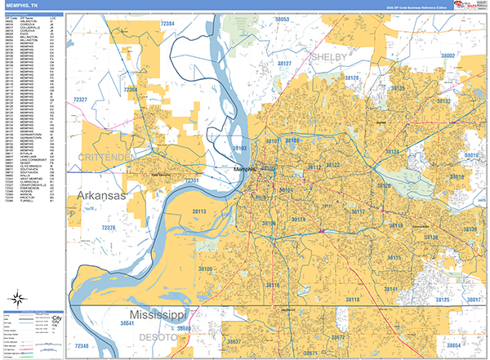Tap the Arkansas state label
pyautogui.click(x=101, y=197)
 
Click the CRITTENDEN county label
pyautogui.click(x=105, y=156)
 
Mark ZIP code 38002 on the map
pyautogui.click(x=448, y=56)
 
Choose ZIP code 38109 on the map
pyautogui.click(x=205, y=269)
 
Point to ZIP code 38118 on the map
pyautogui.click(x=353, y=300)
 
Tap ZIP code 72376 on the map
pyautogui.click(x=106, y=228)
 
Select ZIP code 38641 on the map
pyautogui.click(x=131, y=323)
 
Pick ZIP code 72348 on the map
pyautogui.click(x=82, y=347)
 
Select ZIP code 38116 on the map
pyautogui.click(x=272, y=285)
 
